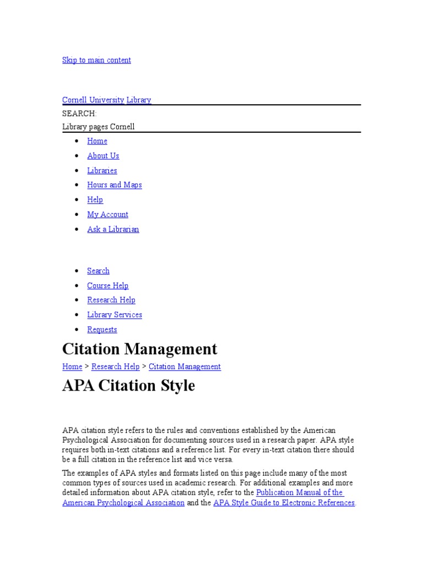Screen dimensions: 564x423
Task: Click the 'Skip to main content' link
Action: pyautogui.click(x=96, y=60)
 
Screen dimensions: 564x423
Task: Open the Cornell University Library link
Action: pyautogui.click(x=106, y=100)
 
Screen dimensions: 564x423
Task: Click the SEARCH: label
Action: pyautogui.click(x=79, y=113)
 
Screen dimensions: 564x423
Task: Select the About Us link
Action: pyautogui.click(x=103, y=156)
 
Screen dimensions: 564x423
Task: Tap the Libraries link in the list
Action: pyautogui.click(x=102, y=171)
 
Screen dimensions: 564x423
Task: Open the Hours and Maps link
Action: pyautogui.click(x=114, y=185)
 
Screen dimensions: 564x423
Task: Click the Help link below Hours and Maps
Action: pyautogui.click(x=95, y=200)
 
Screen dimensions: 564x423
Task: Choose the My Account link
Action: pyautogui.click(x=107, y=215)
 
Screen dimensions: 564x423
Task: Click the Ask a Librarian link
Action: pyautogui.click(x=113, y=229)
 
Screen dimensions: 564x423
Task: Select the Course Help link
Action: pyautogui.click(x=107, y=285)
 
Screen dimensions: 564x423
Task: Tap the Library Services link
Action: pyautogui.click(x=114, y=315)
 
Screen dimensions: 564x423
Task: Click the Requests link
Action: pyautogui.click(x=102, y=329)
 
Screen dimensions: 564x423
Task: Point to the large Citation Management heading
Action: pyautogui.click(x=140, y=349)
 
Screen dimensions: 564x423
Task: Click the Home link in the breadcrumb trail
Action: pyautogui.click(x=72, y=367)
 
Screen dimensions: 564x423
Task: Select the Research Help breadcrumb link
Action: pyautogui.click(x=115, y=367)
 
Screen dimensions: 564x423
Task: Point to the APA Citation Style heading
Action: pyautogui.click(x=128, y=386)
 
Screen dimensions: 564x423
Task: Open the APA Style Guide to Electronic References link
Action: pyautogui.click(x=284, y=503)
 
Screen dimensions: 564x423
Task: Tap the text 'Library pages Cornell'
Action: pyautogui.click(x=99, y=127)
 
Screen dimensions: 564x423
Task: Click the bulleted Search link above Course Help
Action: pyautogui.click(x=98, y=271)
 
